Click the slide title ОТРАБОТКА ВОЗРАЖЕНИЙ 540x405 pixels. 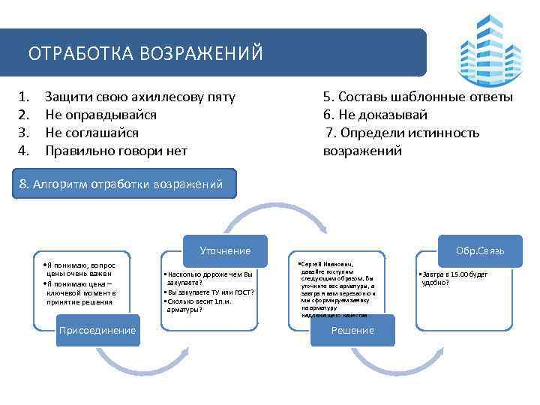[x=145, y=54]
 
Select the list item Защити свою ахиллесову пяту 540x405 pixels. [x=140, y=97]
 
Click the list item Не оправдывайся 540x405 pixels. [x=100, y=115]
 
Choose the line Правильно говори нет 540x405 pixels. [x=115, y=151]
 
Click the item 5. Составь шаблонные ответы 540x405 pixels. [x=418, y=97]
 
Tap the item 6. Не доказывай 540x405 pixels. [x=375, y=115]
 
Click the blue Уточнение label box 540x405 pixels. [x=225, y=250]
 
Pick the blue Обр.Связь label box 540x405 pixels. [x=480, y=250]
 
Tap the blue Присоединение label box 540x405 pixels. [x=97, y=330]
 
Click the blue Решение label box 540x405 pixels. [x=352, y=330]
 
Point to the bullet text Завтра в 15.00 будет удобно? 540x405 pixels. [x=454, y=278]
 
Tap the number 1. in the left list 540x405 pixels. [x=24, y=97]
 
